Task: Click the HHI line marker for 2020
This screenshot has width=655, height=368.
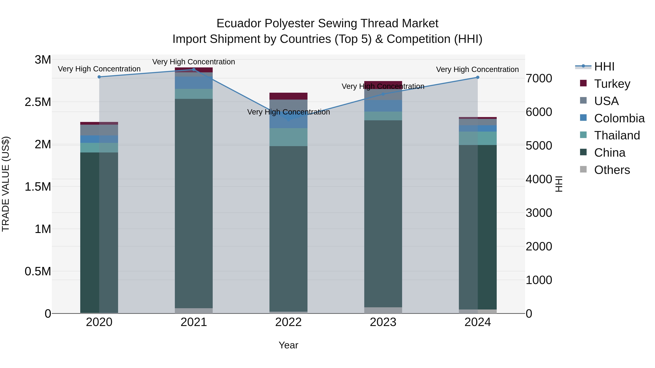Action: [x=99, y=77]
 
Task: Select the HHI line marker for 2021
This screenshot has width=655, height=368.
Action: [x=194, y=70]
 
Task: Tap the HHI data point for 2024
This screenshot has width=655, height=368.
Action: [x=478, y=77]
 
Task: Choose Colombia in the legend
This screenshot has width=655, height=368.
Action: [x=619, y=118]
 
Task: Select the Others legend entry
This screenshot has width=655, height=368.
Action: [x=612, y=170]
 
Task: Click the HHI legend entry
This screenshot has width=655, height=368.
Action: [x=604, y=67]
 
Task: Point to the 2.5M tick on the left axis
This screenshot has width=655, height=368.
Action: [x=38, y=102]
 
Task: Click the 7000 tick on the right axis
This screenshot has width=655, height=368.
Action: [x=539, y=79]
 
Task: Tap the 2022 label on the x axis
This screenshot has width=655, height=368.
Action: [x=288, y=322]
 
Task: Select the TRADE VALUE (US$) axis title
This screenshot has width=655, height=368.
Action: [x=6, y=184]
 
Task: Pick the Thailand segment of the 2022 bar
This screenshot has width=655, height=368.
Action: [x=288, y=137]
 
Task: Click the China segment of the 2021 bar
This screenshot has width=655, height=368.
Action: [x=194, y=203]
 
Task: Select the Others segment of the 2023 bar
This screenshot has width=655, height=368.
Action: [x=383, y=310]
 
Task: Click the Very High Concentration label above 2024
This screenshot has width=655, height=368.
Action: [x=477, y=70]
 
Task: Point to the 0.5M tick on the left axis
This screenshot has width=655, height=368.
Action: [x=38, y=272]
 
